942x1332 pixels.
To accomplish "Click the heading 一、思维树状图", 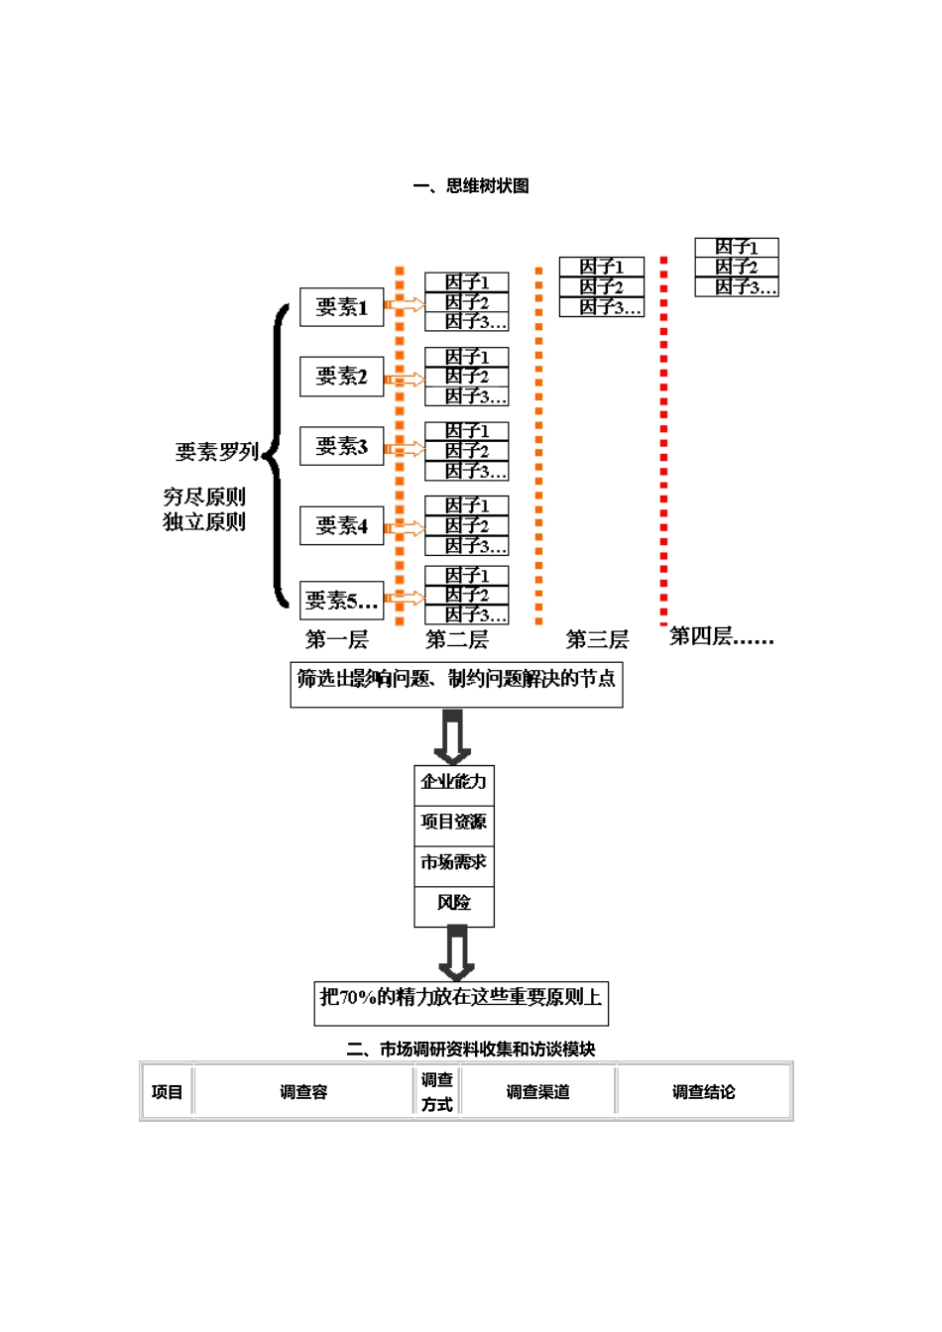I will pyautogui.click(x=471, y=186).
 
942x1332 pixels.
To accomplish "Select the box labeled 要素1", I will pyautogui.click(x=342, y=307).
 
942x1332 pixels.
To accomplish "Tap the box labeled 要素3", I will pyautogui.click(x=342, y=446).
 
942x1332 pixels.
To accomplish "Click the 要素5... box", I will pyautogui.click(x=342, y=601).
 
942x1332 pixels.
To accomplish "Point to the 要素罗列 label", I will pyautogui.click(x=216, y=452).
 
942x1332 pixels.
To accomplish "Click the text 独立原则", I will pyautogui.click(x=204, y=522).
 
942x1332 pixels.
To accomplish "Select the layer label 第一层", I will pyautogui.click(x=336, y=640).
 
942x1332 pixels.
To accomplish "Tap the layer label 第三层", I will pyautogui.click(x=597, y=640).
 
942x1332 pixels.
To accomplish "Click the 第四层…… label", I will pyautogui.click(x=721, y=637).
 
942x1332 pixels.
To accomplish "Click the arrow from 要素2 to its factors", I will pyautogui.click(x=405, y=379).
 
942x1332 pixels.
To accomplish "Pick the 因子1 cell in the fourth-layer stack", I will pyautogui.click(x=737, y=247).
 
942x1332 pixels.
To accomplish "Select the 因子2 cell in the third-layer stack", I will pyautogui.click(x=602, y=287).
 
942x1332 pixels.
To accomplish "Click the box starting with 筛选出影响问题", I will pyautogui.click(x=456, y=684).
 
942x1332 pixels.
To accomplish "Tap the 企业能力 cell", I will pyautogui.click(x=454, y=782).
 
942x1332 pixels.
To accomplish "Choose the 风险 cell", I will pyautogui.click(x=454, y=903).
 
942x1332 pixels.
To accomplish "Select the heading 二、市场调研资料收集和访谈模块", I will pyautogui.click(x=471, y=1049).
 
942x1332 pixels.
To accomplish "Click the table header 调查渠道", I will pyautogui.click(x=537, y=1092).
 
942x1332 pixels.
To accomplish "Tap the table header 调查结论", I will pyautogui.click(x=704, y=1092).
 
